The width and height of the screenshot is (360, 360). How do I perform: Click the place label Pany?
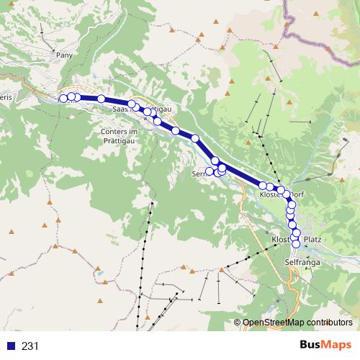tap(64, 54)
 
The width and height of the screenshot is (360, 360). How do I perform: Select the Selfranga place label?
tap(302, 263)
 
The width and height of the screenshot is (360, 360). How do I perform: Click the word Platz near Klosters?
tap(312, 239)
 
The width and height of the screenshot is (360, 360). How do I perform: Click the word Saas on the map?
tap(120, 108)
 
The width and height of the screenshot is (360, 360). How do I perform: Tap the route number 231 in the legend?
tap(30, 346)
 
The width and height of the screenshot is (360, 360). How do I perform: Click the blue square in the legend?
tap(10, 346)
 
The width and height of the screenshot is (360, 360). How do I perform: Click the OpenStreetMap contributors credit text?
tap(298, 323)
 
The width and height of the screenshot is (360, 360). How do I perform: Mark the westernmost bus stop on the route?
tap(63, 99)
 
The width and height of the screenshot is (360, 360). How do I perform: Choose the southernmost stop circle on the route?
tap(295, 243)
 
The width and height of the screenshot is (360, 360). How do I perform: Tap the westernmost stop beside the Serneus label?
tap(210, 171)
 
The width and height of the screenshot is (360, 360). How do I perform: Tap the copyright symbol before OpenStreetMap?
tap(238, 323)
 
